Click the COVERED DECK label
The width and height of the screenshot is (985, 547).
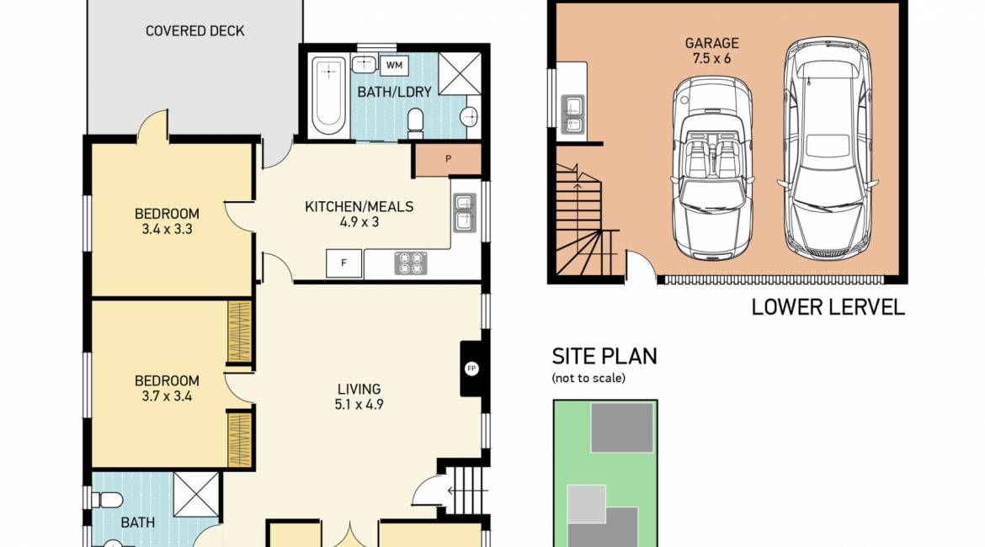[194, 31]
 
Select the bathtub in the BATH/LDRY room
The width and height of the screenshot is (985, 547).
[326, 94]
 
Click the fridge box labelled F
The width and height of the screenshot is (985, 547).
[343, 263]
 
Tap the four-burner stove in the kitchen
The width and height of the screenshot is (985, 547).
[410, 263]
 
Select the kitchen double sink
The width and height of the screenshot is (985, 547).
[463, 212]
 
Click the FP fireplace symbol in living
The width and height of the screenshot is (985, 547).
[471, 368]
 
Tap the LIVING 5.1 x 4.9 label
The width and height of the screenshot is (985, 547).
[359, 396]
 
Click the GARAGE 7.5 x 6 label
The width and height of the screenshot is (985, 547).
[711, 50]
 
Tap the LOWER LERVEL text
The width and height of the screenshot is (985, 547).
[828, 307]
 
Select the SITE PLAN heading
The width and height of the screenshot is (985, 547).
[604, 355]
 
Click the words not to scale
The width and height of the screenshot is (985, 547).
[588, 378]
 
